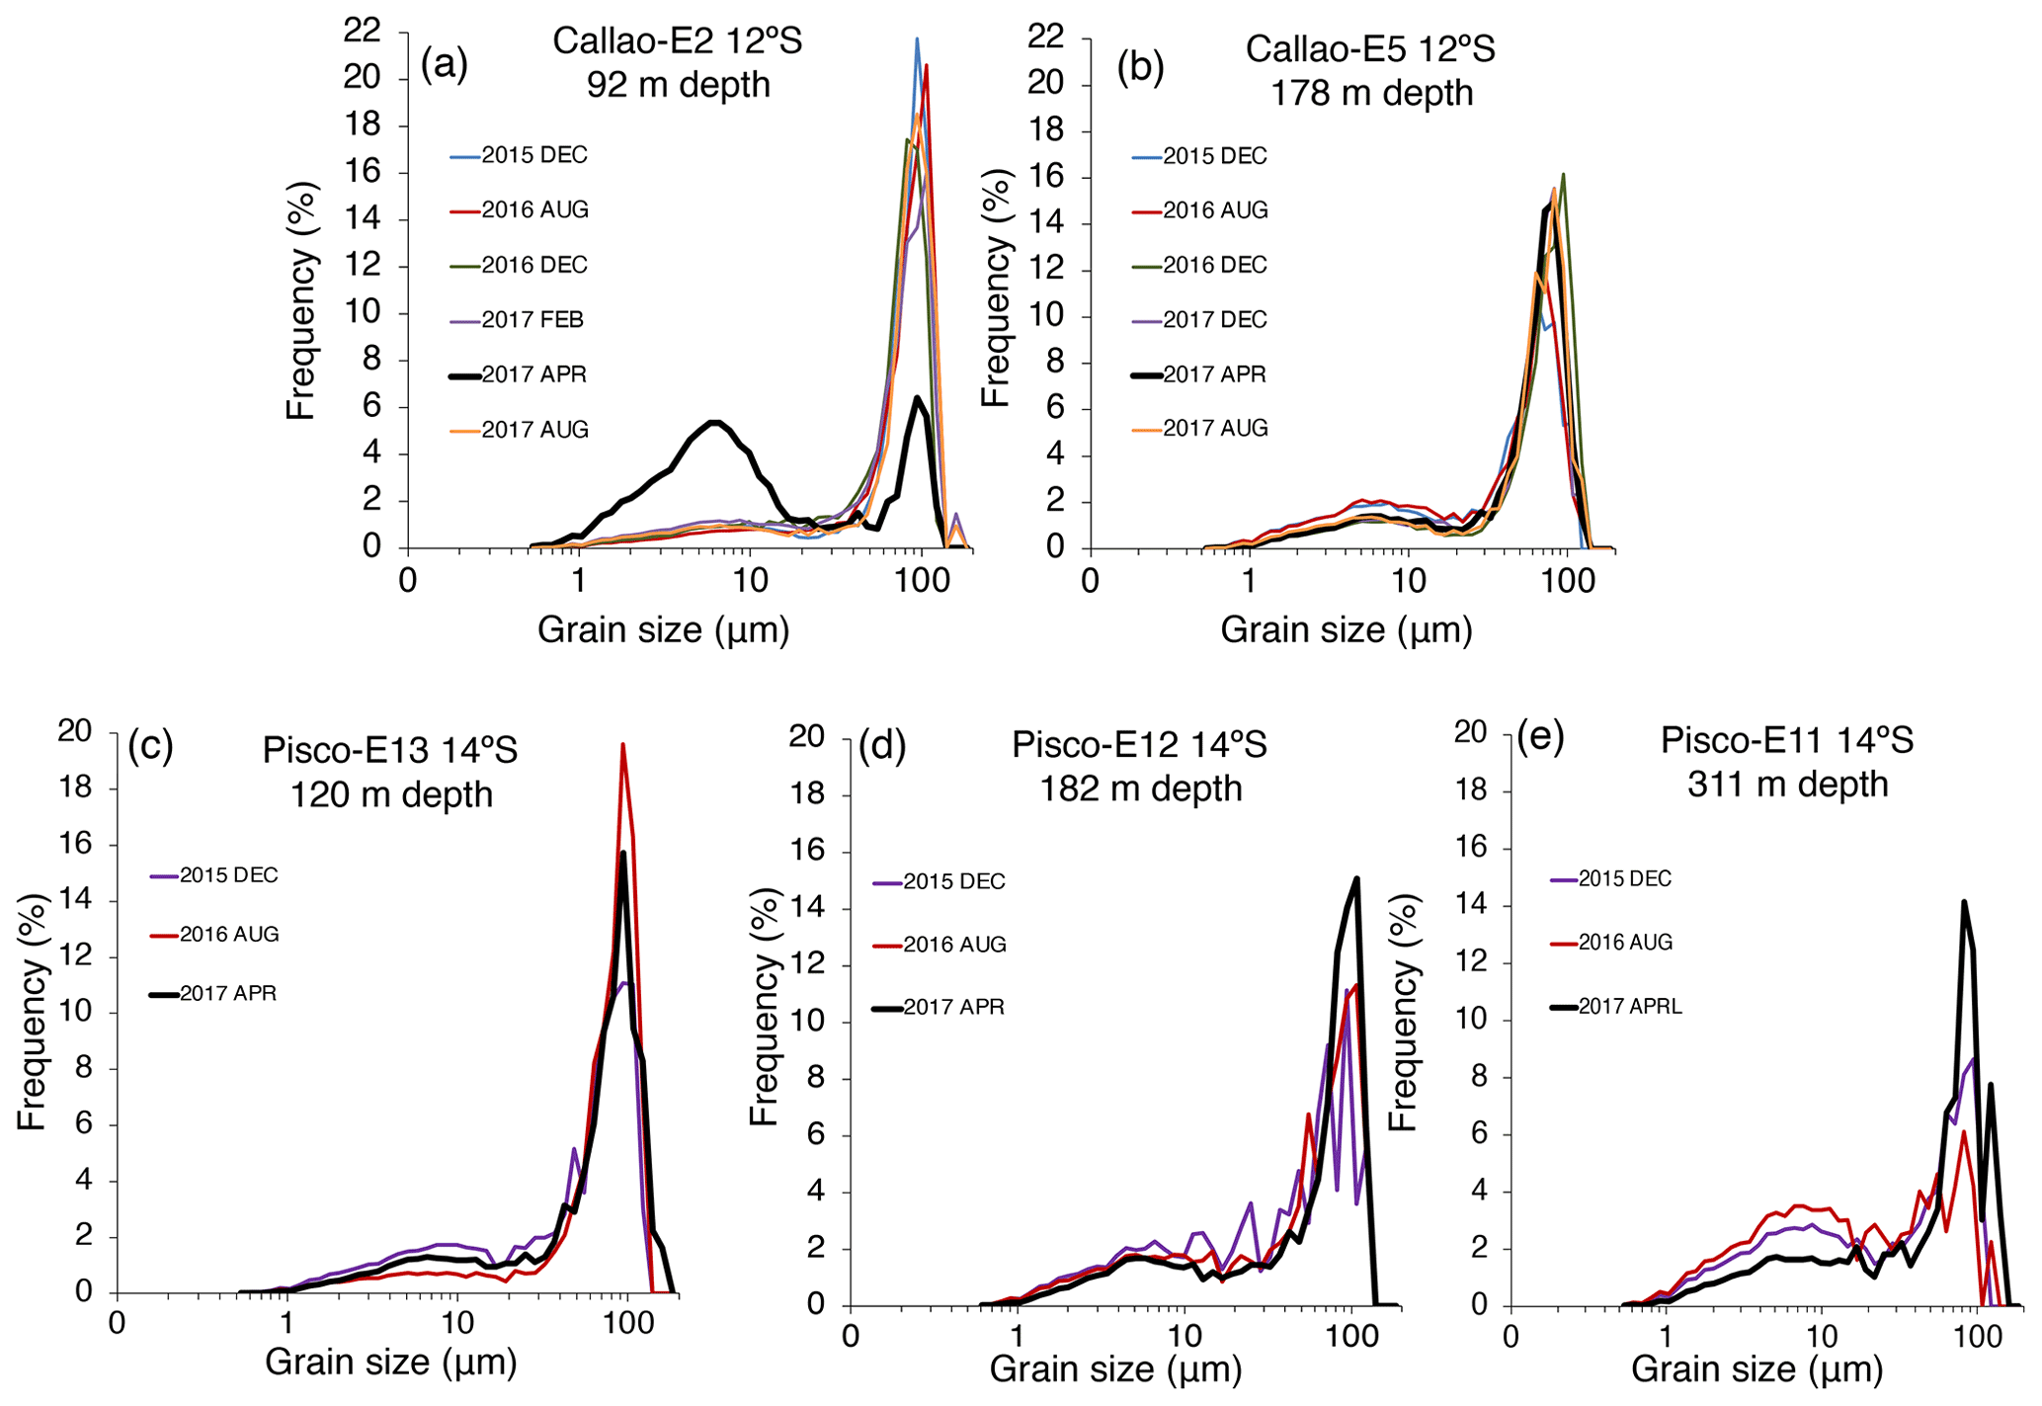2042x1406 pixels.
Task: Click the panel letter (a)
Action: point(444,65)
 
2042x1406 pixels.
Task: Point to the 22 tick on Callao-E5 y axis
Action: point(1044,37)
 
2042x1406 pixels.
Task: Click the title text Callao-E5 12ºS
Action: point(1369,48)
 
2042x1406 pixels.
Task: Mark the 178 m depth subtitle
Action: point(1371,93)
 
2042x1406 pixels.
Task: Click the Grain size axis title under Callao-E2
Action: point(663,629)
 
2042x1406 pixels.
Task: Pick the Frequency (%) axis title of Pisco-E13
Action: point(32,1012)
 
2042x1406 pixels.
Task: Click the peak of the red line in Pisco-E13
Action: point(622,745)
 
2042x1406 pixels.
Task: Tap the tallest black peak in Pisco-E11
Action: point(1964,902)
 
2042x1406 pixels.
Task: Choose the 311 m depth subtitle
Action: point(1787,785)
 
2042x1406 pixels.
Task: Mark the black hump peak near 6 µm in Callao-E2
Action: point(715,423)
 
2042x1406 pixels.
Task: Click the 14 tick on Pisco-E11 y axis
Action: point(1471,905)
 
